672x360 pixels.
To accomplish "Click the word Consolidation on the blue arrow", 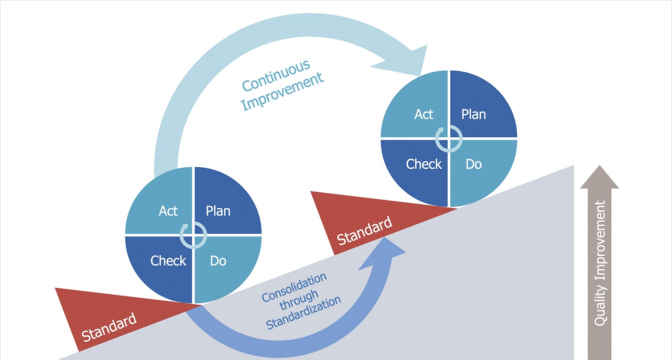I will click(295, 288).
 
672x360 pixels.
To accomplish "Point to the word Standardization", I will click(304, 314).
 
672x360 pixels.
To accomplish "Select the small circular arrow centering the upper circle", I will click(449, 138).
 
